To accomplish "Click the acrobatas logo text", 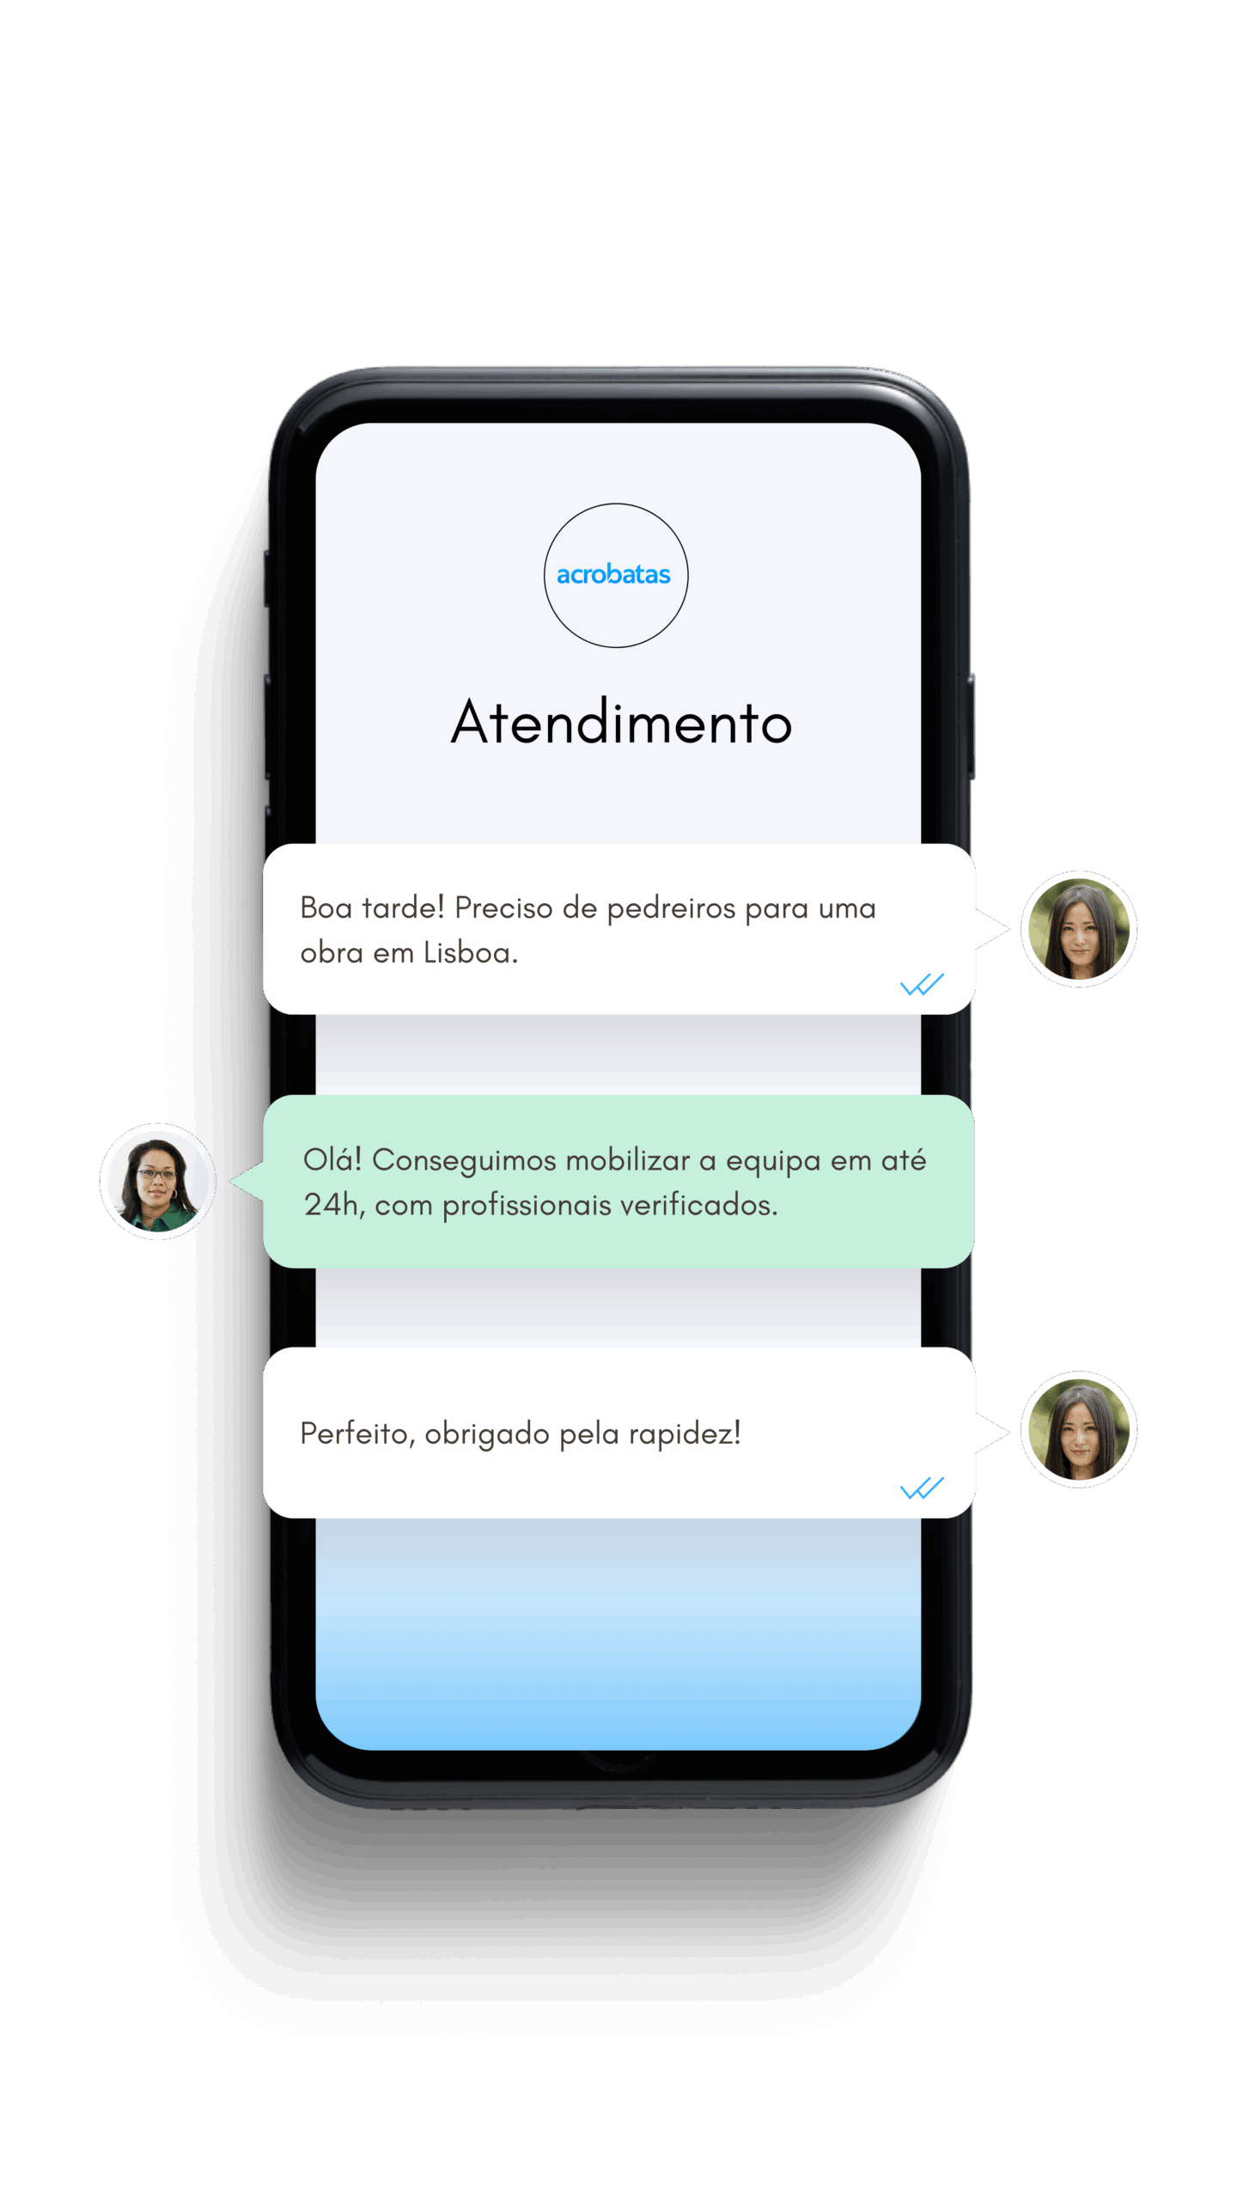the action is pos(613,574).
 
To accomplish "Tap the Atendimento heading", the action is pos(621,722).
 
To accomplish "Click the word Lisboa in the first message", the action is pos(471,952).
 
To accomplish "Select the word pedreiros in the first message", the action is pos(671,909).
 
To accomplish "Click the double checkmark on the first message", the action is pos(922,984).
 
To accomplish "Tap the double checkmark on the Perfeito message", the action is pos(922,1488).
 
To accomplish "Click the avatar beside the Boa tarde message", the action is pos(1079,929).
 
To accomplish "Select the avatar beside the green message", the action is pos(158,1181).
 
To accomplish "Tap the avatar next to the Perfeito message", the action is pos(1079,1429).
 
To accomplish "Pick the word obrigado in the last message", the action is pos(487,1434).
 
